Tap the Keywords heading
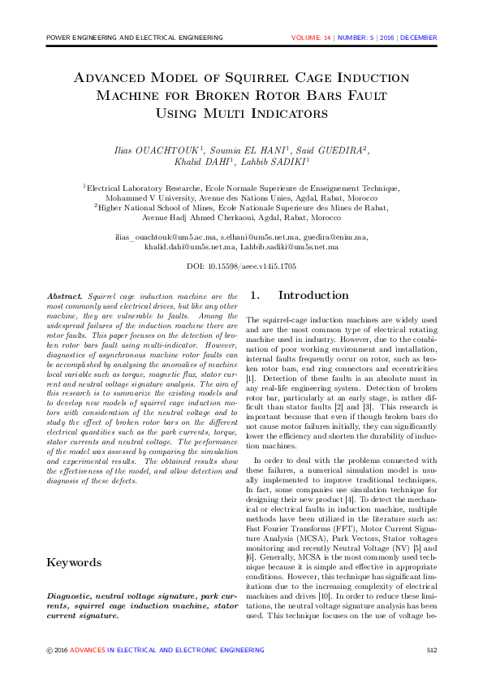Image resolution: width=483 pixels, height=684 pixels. point(74,539)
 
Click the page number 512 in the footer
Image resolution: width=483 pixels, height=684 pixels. point(432,650)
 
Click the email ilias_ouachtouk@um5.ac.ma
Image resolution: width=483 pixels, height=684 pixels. point(166,236)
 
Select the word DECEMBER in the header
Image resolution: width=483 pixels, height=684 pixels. point(419,37)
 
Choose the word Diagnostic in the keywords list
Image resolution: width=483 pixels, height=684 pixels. point(71,596)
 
